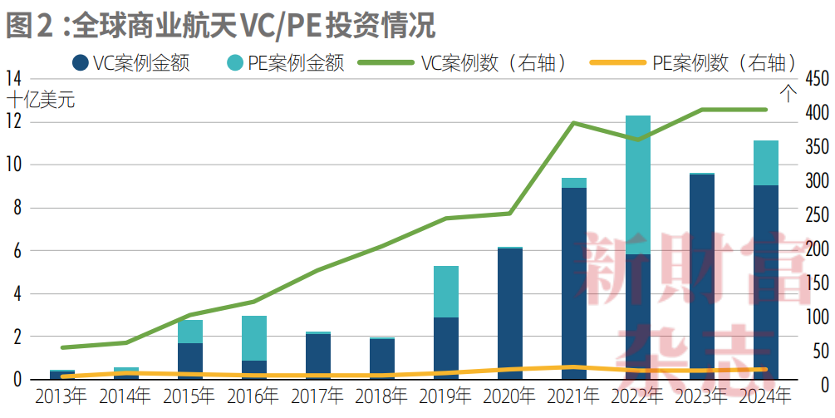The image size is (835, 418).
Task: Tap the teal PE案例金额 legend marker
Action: pyautogui.click(x=235, y=62)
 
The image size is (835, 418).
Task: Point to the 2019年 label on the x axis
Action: pyautogui.click(x=445, y=397)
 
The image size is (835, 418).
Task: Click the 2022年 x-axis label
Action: pyautogui.click(x=638, y=397)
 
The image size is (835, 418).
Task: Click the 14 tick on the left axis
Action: pyautogui.click(x=13, y=79)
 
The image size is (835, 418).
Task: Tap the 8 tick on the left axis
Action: pyautogui.click(x=17, y=208)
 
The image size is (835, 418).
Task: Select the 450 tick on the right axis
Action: pyautogui.click(x=817, y=79)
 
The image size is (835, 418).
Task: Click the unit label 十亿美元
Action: pyautogui.click(x=41, y=101)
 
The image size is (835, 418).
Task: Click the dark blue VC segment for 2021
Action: pyautogui.click(x=573, y=283)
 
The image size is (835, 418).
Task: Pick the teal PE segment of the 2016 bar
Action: pyautogui.click(x=254, y=337)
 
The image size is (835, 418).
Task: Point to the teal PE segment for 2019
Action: pyautogui.click(x=445, y=291)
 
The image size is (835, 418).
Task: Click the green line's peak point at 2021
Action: pyautogui.click(x=573, y=123)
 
